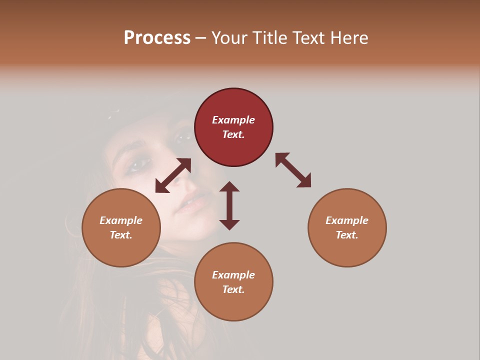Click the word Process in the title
(157, 38)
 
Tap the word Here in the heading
(349, 38)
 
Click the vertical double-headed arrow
(229, 205)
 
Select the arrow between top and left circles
(173, 175)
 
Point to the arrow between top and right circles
(293, 170)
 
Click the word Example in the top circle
(233, 120)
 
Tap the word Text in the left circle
(121, 235)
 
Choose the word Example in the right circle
(347, 220)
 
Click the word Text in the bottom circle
(233, 289)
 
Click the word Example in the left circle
(121, 220)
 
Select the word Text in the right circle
(347, 235)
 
